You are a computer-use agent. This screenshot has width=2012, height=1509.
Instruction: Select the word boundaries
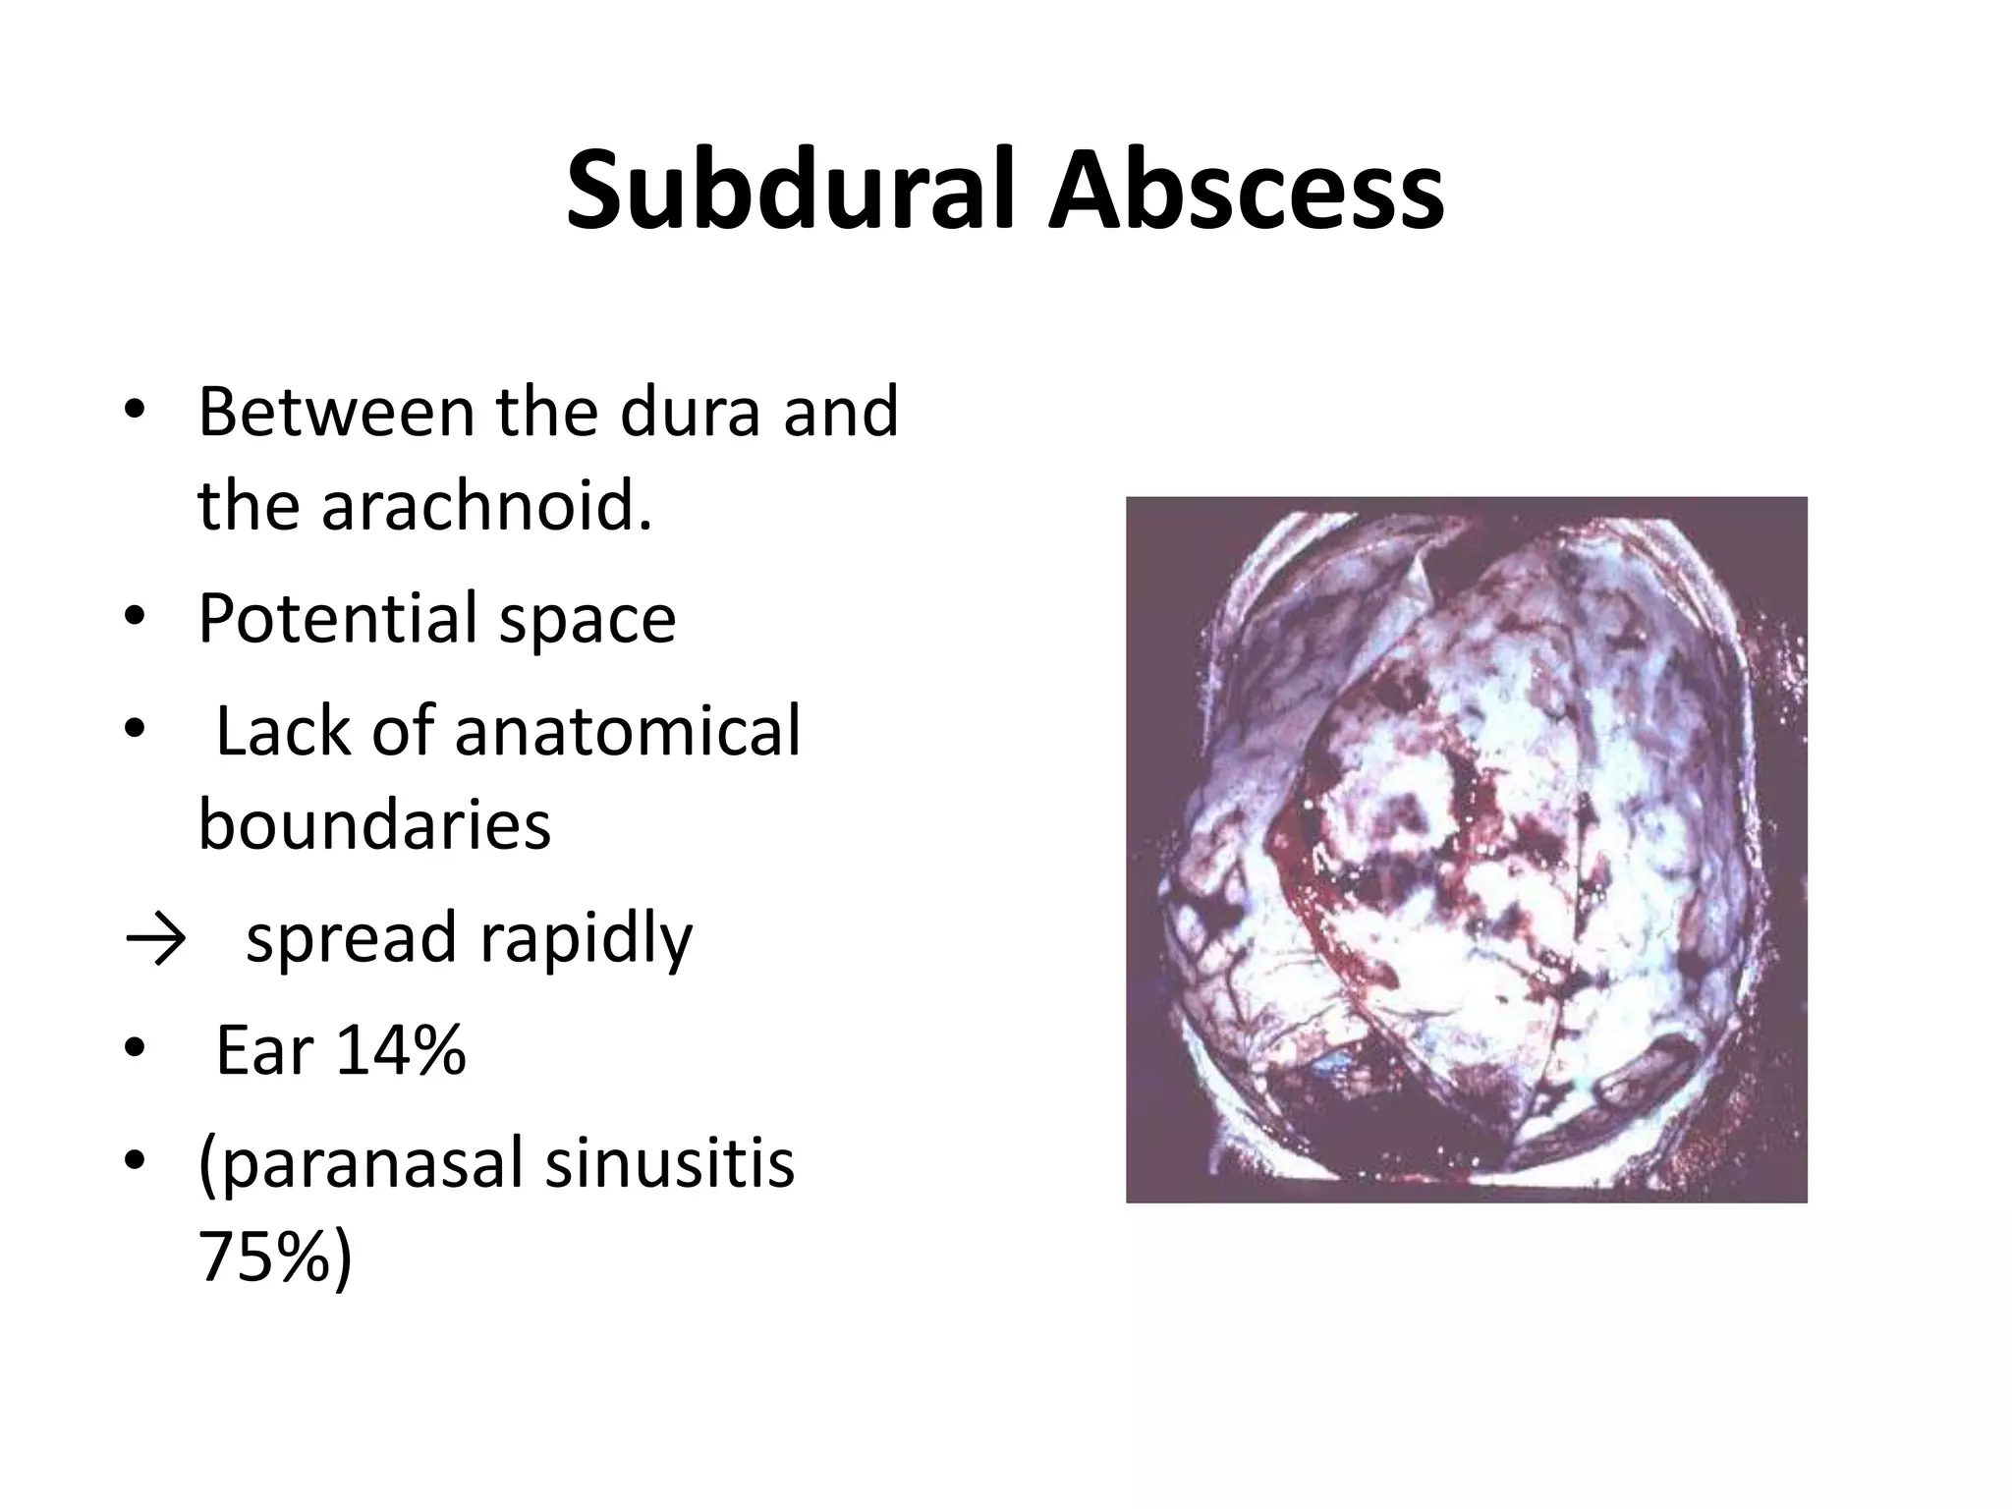pos(374,825)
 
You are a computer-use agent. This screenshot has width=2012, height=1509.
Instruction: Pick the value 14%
pos(400,1051)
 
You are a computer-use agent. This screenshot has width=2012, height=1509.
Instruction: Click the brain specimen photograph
pos(1466,850)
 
